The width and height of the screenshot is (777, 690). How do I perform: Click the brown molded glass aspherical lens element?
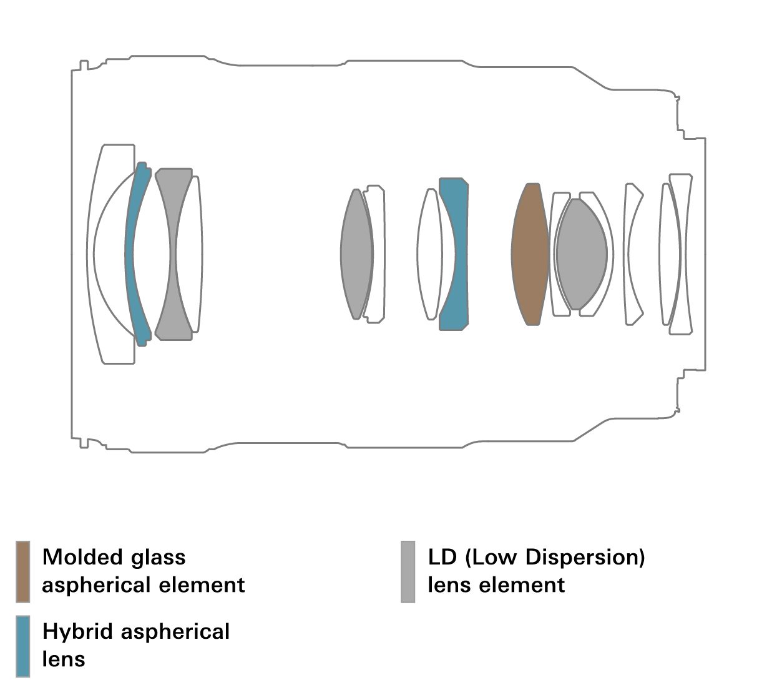pos(530,254)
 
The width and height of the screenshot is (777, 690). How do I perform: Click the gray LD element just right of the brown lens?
pos(581,254)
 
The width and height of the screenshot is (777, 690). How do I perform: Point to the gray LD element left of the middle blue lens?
pos(356,254)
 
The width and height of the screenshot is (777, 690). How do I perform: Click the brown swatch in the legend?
pos(22,571)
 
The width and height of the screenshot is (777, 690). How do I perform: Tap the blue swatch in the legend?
pos(22,646)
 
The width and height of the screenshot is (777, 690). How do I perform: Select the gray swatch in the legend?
pos(408,571)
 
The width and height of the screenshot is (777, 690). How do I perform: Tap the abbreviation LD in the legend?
pos(442,557)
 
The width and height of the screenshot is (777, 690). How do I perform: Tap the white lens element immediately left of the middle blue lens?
pos(429,254)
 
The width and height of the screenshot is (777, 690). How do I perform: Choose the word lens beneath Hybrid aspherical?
pos(64,659)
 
